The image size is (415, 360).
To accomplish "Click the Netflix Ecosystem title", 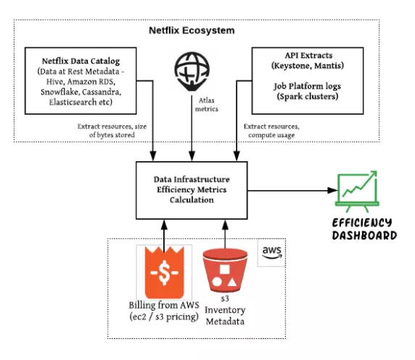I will (192, 31).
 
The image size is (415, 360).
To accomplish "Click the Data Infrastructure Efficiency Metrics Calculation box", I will (193, 190).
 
